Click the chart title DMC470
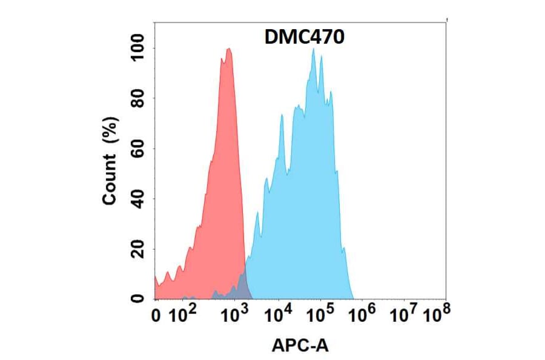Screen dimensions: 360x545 coord(305,38)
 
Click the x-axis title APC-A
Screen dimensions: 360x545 coord(300,345)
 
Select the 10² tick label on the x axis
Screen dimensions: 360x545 coord(182,314)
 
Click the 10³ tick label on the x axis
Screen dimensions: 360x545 coord(234,314)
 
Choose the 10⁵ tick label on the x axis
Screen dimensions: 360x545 coord(320,314)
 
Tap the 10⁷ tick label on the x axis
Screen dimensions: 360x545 coord(403,314)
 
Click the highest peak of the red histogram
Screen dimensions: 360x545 coord(228,49)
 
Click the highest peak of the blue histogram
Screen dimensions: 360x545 coord(313,49)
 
